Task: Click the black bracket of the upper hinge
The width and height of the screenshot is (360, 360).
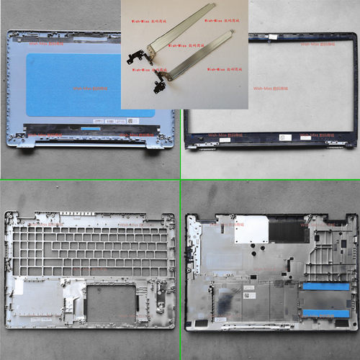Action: click(132, 55)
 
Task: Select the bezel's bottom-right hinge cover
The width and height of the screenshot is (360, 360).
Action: click(333, 148)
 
